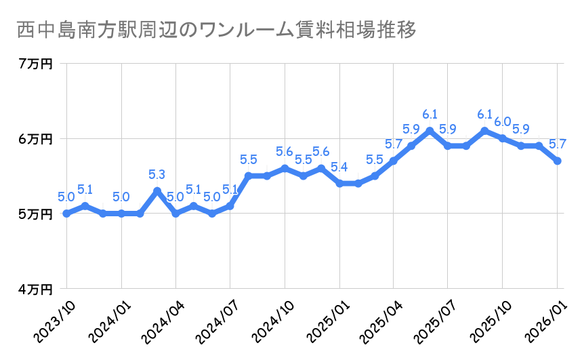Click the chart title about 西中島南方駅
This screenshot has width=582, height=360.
point(215,31)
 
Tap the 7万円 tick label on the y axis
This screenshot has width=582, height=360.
point(36,64)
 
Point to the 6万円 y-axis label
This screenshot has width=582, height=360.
point(36,139)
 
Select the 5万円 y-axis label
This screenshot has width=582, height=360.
point(36,214)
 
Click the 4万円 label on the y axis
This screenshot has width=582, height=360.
point(36,289)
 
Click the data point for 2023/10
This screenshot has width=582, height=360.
point(66,214)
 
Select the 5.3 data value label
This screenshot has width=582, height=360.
point(157,176)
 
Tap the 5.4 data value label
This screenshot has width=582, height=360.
point(339,167)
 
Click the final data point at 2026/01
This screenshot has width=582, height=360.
point(558,161)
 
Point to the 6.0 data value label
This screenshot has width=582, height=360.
point(503,122)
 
